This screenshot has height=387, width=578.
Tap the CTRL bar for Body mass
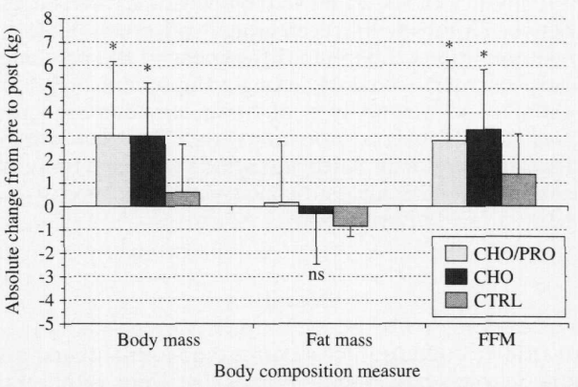tap(182, 199)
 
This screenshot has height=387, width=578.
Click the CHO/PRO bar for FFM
tap(449, 173)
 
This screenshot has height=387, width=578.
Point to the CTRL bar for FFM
tap(518, 189)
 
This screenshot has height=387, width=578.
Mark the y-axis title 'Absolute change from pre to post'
tap(16, 170)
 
